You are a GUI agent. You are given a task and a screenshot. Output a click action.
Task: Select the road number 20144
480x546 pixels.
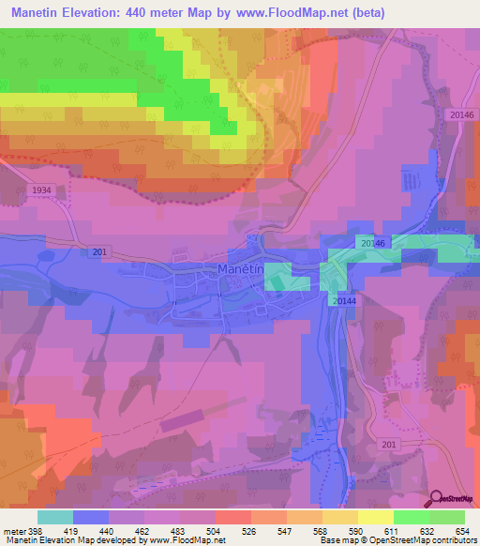pyautogui.click(x=344, y=300)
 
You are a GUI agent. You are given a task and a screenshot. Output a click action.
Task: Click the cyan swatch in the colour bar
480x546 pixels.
pyautogui.click(x=55, y=517)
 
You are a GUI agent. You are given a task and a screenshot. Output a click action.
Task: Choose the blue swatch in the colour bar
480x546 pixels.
pyautogui.click(x=91, y=517)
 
